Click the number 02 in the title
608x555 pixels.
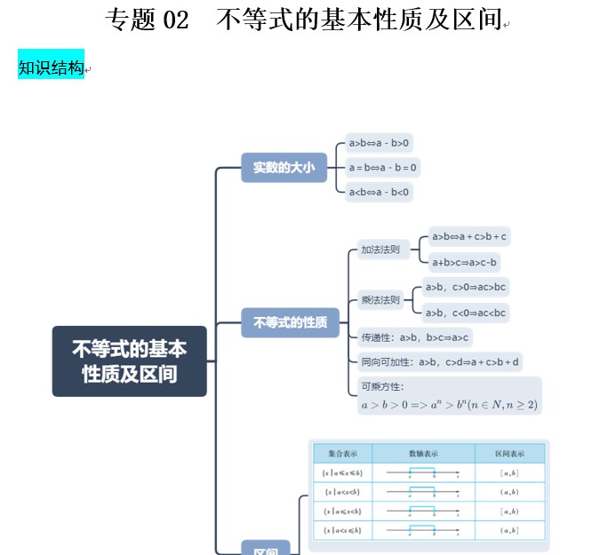click(176, 20)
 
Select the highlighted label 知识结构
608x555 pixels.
click(51, 67)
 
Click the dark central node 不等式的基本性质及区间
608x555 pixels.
click(130, 361)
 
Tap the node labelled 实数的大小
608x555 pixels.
click(284, 167)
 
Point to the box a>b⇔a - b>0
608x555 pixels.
click(380, 143)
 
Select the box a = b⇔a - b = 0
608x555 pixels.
click(383, 167)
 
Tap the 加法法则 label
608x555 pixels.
click(380, 250)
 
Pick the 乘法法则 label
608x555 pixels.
click(380, 299)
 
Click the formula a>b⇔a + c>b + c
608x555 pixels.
click(468, 236)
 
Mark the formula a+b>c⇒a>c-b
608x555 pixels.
click(464, 262)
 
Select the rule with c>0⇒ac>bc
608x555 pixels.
click(465, 287)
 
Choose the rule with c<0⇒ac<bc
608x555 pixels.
click(465, 313)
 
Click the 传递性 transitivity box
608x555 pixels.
click(414, 337)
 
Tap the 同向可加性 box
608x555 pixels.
click(440, 361)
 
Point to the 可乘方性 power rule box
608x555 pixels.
click(448, 396)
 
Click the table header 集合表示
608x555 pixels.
click(342, 454)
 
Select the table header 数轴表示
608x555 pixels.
click(423, 454)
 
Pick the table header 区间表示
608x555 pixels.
click(509, 454)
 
